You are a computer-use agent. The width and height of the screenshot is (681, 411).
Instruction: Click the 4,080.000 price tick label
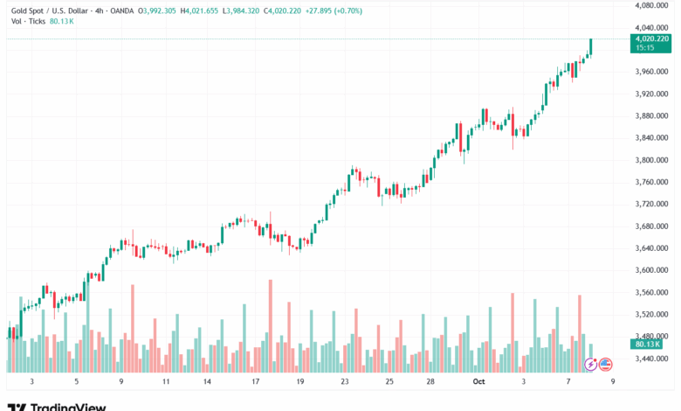(x=650, y=5)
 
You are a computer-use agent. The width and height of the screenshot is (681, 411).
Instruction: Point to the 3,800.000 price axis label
(x=650, y=160)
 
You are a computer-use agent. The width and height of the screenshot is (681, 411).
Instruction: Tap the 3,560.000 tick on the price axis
(x=650, y=292)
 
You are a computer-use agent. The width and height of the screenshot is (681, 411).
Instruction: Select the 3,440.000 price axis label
(x=650, y=359)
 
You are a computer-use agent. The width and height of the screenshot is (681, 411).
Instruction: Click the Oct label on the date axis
(x=478, y=382)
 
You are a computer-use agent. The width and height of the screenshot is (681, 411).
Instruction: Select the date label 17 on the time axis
(x=255, y=382)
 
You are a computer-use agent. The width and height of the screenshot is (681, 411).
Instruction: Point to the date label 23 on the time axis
(x=345, y=382)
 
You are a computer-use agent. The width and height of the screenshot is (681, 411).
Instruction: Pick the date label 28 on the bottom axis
(x=431, y=382)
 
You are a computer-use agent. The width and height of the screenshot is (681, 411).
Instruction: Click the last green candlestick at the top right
(x=591, y=45)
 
